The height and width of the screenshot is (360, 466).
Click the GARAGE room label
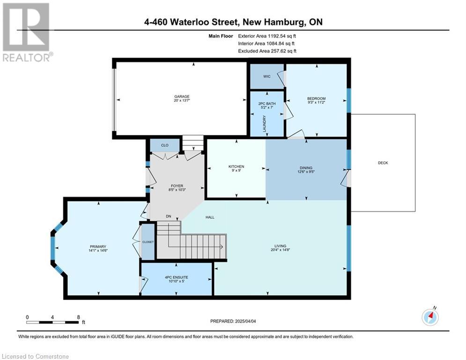pos(182,97)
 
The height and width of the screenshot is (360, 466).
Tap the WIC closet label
pos(267,76)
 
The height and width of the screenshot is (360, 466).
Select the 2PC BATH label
pos(267,104)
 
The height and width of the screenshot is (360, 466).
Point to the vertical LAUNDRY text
pos(264,124)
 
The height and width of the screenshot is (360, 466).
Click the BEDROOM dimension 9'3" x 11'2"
pos(316,102)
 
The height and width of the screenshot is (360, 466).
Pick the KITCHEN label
pos(236,166)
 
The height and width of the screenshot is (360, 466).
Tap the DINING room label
pos(306,168)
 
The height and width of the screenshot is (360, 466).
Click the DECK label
pos(383,163)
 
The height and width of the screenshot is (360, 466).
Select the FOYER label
pos(177,186)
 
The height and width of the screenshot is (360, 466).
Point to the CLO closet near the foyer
pos(165,145)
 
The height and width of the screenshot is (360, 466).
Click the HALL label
pos(210,217)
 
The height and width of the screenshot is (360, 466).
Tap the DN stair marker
pos(169,216)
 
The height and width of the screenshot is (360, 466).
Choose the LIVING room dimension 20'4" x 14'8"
pos(280,250)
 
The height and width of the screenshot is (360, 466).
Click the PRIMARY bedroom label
pos(98,247)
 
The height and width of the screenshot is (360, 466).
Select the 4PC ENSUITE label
pos(177,277)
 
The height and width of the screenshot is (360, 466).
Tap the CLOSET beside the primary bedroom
pos(148,242)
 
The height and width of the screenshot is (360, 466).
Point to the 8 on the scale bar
pos(79,317)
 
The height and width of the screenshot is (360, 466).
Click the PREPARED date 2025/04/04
pos(245,321)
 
